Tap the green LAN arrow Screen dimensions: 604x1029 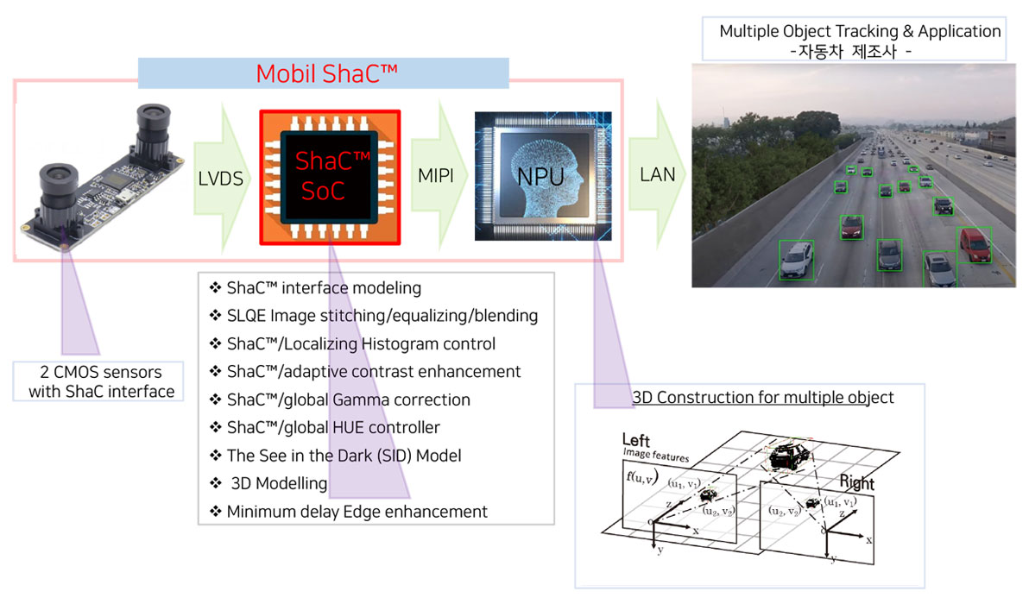[656, 175]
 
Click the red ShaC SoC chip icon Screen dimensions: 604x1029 [330, 177]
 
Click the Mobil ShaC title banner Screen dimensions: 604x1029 [326, 73]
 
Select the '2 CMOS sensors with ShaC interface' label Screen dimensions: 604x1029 [100, 381]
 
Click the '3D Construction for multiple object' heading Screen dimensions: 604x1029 [762, 398]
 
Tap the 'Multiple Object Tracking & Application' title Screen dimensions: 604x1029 [860, 32]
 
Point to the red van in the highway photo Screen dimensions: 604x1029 [975, 244]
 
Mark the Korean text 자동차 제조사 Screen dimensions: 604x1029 [850, 51]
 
